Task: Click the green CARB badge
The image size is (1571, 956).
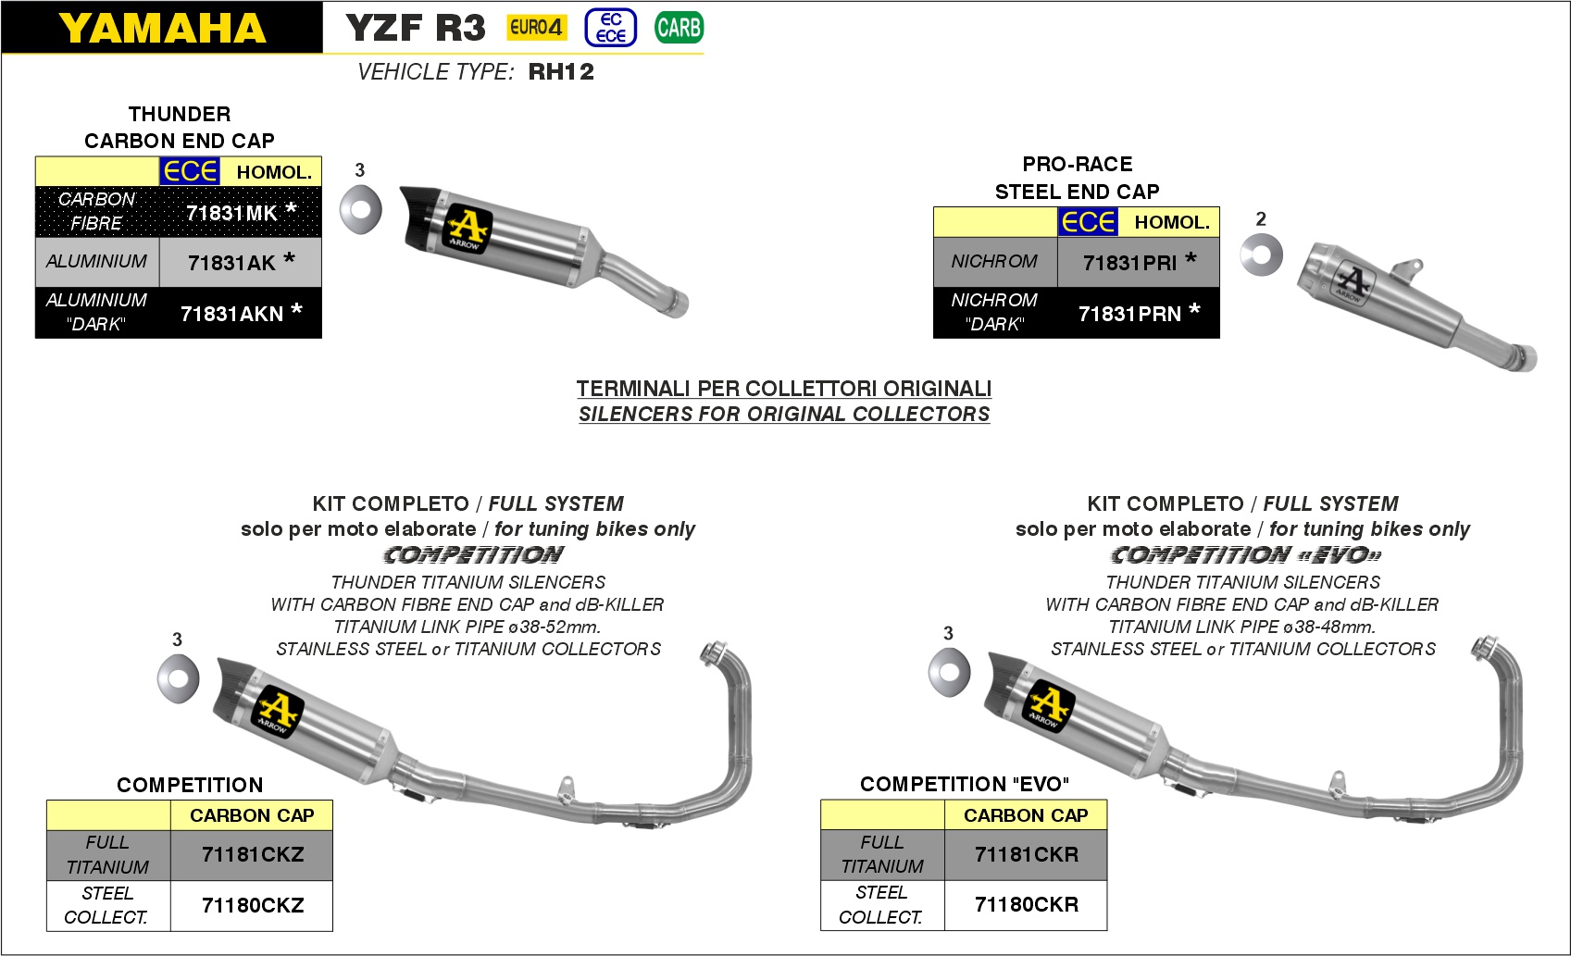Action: coord(679,28)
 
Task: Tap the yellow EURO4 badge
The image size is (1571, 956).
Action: coord(536,28)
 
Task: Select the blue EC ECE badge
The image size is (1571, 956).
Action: coord(611,28)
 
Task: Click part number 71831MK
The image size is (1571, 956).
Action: coord(231,213)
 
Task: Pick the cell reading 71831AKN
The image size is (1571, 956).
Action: coord(232,314)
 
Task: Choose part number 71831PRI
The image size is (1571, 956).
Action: coord(1129,263)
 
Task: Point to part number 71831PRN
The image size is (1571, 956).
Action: coord(1129,314)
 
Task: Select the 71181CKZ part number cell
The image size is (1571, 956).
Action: coord(253,855)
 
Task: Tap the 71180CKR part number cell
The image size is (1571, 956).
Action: coord(1026,904)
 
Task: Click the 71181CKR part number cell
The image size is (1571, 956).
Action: coord(1026,855)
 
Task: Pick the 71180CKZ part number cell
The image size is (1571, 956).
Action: coord(253,905)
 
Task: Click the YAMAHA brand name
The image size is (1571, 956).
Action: coord(163,29)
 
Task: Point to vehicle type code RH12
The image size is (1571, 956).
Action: coord(561,72)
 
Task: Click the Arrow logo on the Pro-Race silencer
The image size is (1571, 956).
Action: coord(1353,281)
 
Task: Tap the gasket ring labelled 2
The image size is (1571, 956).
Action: coord(1261,255)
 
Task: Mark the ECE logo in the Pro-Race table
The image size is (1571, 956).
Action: coord(1088,222)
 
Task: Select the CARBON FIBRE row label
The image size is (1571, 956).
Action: coord(97,212)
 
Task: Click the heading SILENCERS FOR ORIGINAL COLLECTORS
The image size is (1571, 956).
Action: coord(784,415)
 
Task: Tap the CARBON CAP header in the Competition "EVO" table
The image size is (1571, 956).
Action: coord(1026,815)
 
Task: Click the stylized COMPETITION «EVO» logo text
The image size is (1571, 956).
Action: coord(1246,555)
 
